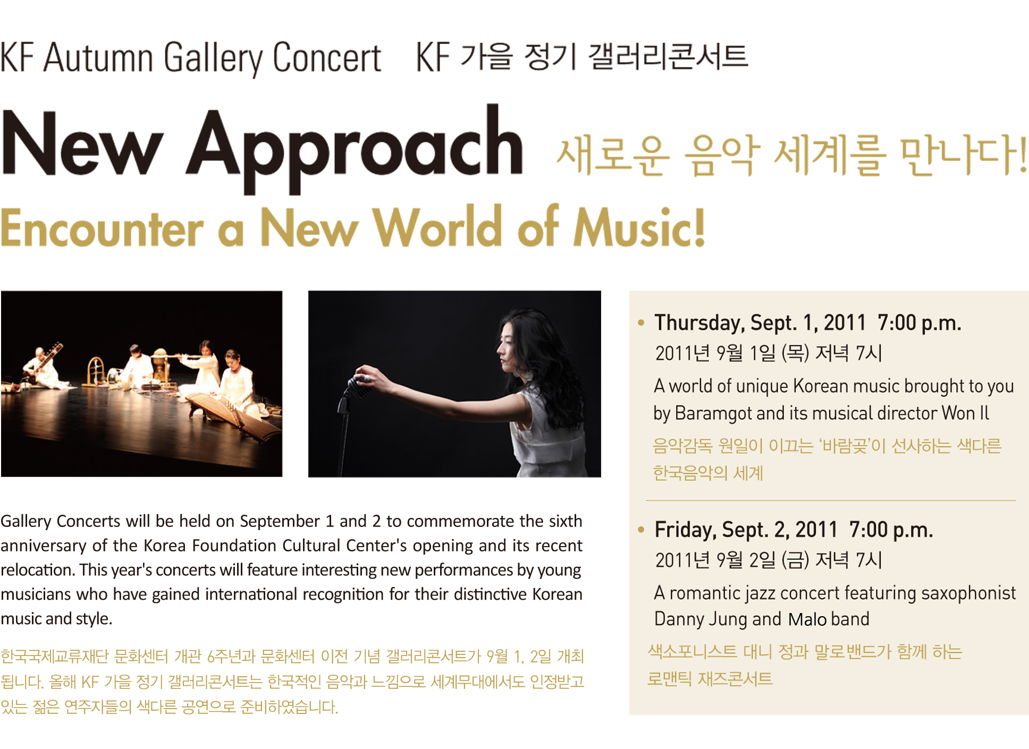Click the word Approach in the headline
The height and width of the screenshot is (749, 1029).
coord(355,148)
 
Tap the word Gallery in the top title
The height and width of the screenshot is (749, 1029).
coord(213,58)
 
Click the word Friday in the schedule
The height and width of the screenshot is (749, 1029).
coord(685,530)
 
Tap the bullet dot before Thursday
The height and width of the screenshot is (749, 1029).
coord(641,322)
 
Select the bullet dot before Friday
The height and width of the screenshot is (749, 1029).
coord(641,529)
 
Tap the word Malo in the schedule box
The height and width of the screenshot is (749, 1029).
coord(807,619)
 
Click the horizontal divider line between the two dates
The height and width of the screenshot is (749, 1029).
coord(831,500)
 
